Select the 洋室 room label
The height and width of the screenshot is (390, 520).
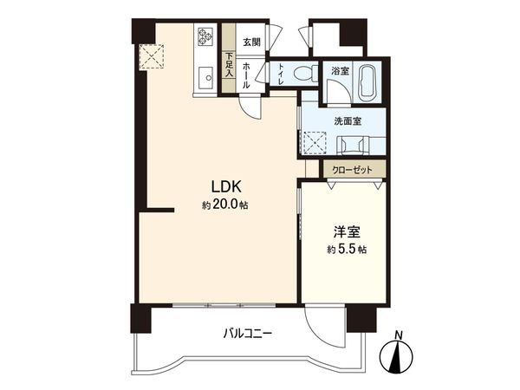tap(348, 231)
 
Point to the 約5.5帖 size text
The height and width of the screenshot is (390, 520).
tap(347, 250)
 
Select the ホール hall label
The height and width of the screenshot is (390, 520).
tap(247, 74)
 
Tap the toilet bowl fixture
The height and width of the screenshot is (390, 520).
tap(302, 75)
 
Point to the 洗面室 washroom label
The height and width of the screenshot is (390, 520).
tap(347, 121)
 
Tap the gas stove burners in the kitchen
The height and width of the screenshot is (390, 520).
tap(205, 36)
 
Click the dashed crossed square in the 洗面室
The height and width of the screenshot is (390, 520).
tap(314, 141)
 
